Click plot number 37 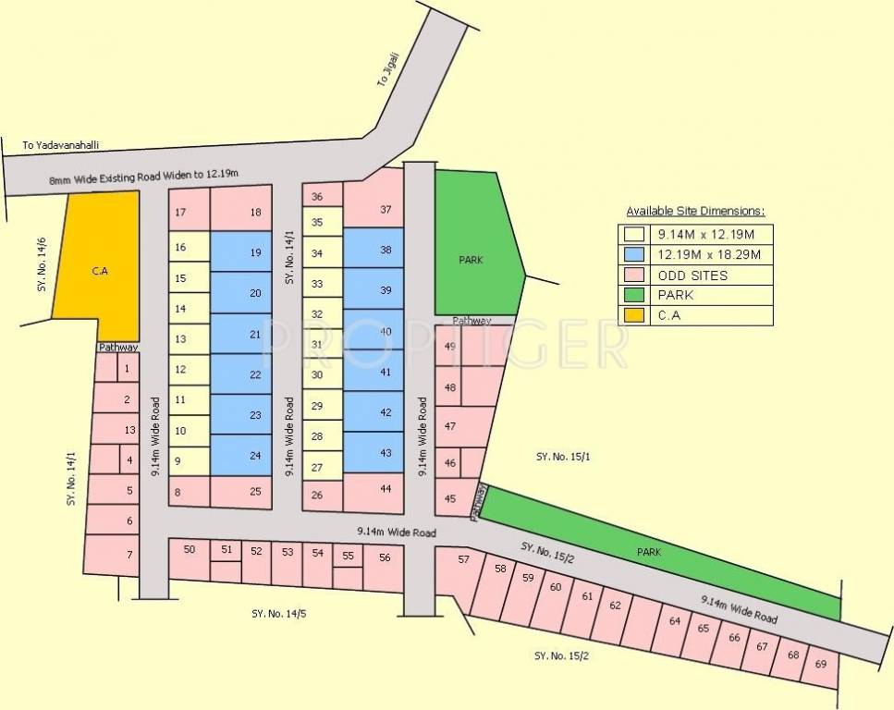point(385,210)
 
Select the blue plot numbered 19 point(254,252)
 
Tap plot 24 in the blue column point(254,455)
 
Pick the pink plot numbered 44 point(385,488)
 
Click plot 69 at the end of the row point(820,664)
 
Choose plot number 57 point(463,560)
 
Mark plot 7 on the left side point(129,554)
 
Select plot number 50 point(190,550)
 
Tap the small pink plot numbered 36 point(317,197)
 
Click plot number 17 point(180,213)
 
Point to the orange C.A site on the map point(100,272)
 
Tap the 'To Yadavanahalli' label point(60,146)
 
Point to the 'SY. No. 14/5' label point(278,613)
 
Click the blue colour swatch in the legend point(634,254)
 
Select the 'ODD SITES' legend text point(693,275)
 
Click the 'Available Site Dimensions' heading point(695,211)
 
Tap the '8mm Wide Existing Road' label point(144,177)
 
